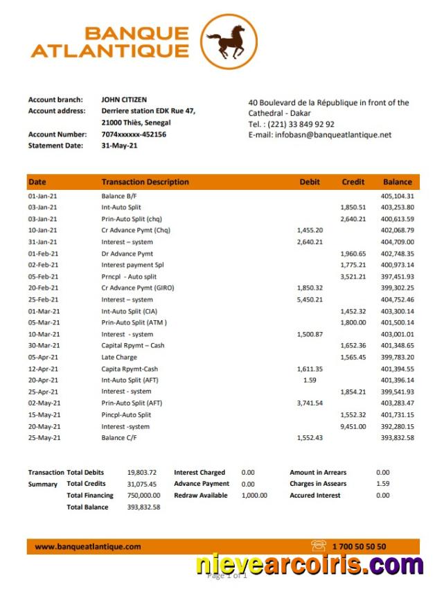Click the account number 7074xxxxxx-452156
tap(134, 134)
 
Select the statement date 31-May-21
tap(119, 146)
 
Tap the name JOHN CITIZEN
tap(124, 100)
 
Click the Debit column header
tap(310, 182)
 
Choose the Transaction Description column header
tap(145, 182)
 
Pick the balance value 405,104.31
tap(398, 196)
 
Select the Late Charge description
tap(119, 357)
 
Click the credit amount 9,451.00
tap(353, 426)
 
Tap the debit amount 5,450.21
tap(310, 299)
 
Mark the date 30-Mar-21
tap(43, 346)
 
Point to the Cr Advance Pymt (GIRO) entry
tap(139, 288)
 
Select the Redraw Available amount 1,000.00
tap(254, 496)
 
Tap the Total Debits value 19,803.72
tap(142, 473)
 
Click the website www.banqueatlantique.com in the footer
tap(88, 547)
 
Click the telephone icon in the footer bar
tap(319, 546)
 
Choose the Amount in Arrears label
tap(318, 473)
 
